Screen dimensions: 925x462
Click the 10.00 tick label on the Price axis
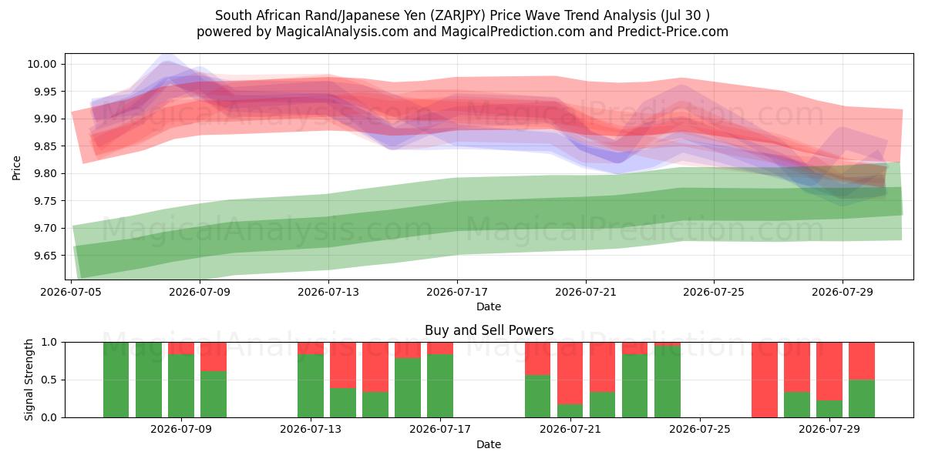click(x=42, y=65)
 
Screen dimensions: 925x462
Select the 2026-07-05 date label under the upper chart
click(x=71, y=292)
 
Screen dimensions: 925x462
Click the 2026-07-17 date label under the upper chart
click(x=457, y=292)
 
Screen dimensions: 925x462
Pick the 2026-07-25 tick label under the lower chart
click(x=700, y=430)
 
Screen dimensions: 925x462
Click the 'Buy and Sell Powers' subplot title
click(x=489, y=330)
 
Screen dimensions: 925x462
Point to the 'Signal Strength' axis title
click(x=29, y=380)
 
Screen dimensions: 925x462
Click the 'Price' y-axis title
click(x=16, y=168)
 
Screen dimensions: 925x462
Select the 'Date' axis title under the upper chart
click(x=489, y=306)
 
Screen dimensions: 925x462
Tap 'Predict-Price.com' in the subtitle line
click(x=673, y=32)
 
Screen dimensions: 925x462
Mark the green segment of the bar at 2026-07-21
click(x=570, y=410)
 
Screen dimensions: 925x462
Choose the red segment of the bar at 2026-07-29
click(x=829, y=371)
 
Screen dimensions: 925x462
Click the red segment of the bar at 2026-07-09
click(x=181, y=348)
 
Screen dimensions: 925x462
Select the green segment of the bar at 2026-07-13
click(x=311, y=386)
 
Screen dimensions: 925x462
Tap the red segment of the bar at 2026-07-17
click(x=440, y=348)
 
